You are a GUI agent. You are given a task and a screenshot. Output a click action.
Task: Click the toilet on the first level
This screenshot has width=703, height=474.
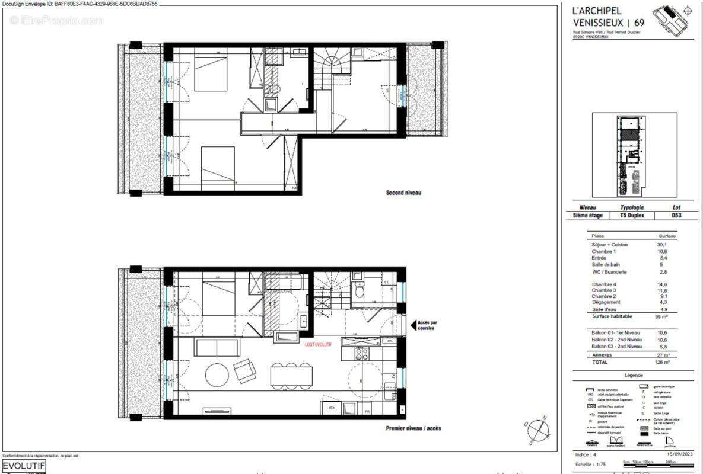click(x=360, y=291)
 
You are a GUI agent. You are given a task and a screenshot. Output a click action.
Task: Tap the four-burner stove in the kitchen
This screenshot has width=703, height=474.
click(x=361, y=354)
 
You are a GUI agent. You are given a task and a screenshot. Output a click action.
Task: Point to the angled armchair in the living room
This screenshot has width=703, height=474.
click(x=244, y=371)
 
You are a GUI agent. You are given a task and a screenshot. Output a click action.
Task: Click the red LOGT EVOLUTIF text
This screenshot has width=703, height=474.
click(x=318, y=344)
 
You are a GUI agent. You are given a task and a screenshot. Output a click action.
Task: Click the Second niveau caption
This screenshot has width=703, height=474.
click(x=403, y=193)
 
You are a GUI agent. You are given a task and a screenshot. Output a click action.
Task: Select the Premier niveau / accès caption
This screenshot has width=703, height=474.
click(x=413, y=428)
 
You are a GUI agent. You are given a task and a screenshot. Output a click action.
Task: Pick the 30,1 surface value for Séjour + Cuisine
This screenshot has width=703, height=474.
click(x=662, y=245)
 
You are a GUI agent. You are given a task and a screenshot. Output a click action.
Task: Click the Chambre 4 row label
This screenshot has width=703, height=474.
click(x=605, y=284)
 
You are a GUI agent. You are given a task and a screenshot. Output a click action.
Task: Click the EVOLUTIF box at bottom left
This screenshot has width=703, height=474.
click(x=24, y=466)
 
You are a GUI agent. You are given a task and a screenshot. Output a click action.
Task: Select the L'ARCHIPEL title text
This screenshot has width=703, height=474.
click(x=597, y=11)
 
